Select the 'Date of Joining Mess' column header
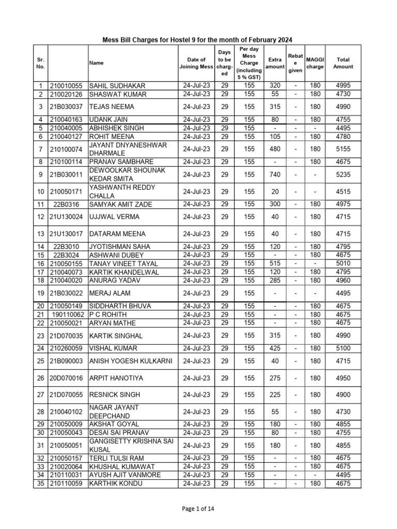(196, 63)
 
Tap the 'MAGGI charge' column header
(315, 63)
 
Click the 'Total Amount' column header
(343, 63)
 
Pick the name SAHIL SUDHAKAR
(117, 86)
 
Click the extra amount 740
(274, 175)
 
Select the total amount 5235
(343, 175)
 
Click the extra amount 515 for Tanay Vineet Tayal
(274, 263)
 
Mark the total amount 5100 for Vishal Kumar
(343, 348)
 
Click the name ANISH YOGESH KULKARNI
(131, 361)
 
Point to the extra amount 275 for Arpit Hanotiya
(274, 378)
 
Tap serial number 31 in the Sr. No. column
(40, 445)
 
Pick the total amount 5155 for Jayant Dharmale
(343, 149)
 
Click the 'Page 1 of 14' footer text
(198, 509)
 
